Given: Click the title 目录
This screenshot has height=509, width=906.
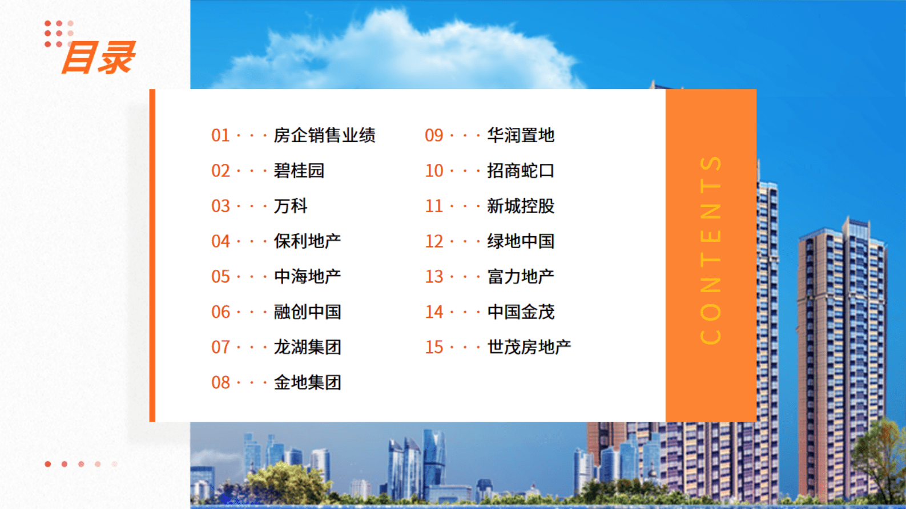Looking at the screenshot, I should click(98, 58).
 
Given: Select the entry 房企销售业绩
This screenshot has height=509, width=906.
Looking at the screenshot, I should click(324, 136).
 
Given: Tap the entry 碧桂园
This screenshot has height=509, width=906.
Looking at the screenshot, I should click(299, 171).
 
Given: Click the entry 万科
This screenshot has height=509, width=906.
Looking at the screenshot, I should click(291, 206).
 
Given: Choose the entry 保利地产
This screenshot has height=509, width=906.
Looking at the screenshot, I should click(307, 241).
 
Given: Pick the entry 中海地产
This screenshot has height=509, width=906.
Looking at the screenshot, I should click(307, 277).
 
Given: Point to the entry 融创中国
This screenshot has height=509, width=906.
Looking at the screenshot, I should click(307, 312).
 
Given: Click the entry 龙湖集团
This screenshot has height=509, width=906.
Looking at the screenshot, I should click(307, 347).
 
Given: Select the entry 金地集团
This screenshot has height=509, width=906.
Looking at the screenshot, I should click(307, 382).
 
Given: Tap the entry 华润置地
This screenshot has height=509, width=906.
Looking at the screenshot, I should click(521, 136).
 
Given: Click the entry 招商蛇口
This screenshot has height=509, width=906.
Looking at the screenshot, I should click(521, 171).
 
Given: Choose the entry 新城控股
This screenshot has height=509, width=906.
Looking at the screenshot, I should click(521, 206).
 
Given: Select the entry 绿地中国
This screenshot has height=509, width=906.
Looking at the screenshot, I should click(521, 241).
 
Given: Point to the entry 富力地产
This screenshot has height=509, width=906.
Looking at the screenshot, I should click(521, 277).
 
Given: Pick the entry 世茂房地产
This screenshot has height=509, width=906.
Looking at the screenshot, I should click(529, 347).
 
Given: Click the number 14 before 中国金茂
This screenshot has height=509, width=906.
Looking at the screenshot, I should click(434, 312).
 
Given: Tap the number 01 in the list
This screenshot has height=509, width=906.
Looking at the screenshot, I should click(220, 136).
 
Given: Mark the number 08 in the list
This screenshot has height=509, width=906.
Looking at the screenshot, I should click(220, 382).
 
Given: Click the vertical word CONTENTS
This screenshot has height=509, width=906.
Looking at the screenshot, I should click(711, 250).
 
